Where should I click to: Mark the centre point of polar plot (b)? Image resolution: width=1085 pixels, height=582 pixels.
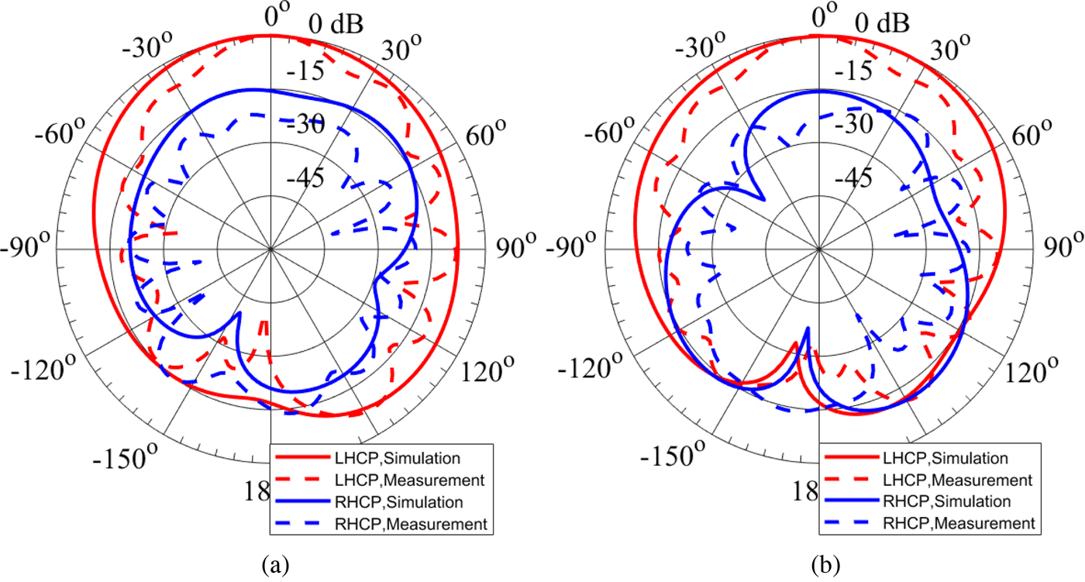point(819,250)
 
